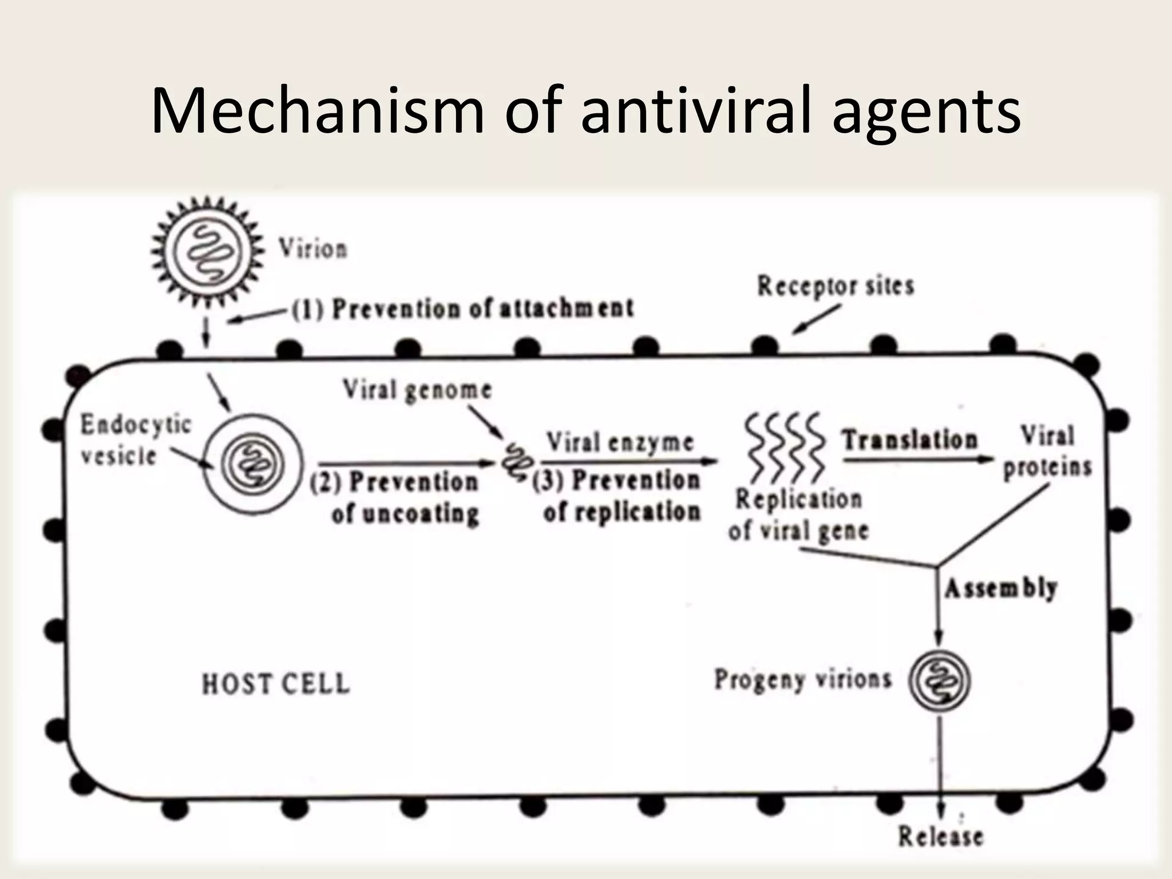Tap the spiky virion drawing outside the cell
click(207, 250)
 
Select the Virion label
click(313, 250)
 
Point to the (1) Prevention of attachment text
click(462, 309)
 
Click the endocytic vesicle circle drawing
click(252, 463)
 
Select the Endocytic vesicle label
click(135, 440)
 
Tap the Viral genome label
click(417, 390)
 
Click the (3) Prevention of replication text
click(617, 496)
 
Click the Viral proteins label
click(1047, 452)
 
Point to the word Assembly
click(1000, 588)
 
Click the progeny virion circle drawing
click(940, 681)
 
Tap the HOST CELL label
click(276, 684)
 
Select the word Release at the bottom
click(940, 837)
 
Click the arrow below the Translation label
click(918, 459)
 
